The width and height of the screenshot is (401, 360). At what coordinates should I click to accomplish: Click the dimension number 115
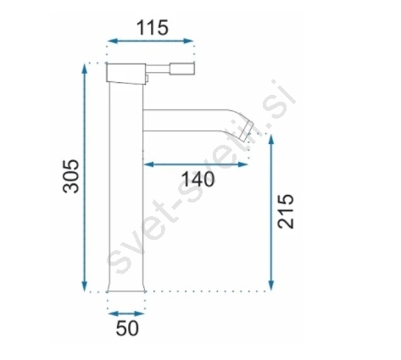[153, 28]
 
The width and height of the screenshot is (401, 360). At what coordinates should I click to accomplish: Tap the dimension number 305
[70, 176]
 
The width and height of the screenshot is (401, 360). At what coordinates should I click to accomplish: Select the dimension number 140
[198, 179]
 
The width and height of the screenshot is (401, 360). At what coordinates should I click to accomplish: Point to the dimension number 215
[286, 211]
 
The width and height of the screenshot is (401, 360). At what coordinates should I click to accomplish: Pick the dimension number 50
[127, 328]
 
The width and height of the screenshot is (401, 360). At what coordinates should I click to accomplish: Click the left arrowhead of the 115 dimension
[113, 41]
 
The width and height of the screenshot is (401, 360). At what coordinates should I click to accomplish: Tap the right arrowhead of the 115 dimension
[188, 41]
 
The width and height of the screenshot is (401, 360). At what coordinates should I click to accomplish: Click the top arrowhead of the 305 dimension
[84, 69]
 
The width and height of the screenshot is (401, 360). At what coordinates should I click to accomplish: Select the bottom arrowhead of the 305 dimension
[84, 285]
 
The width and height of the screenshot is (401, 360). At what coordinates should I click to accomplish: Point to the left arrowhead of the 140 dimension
[148, 164]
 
